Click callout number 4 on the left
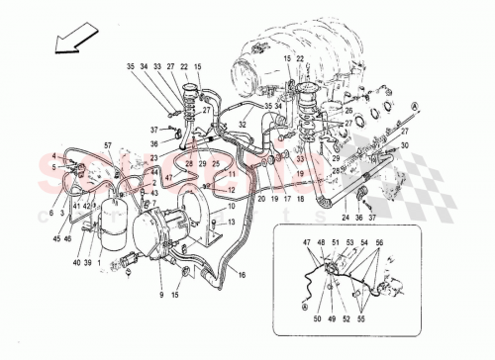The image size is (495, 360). click(x=54, y=155)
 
